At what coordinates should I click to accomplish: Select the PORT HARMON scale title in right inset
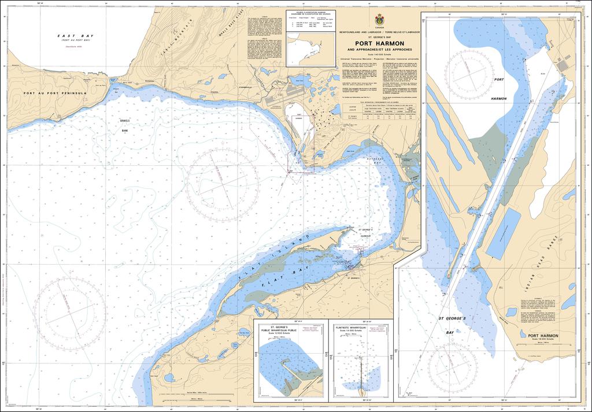pos(539,335)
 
